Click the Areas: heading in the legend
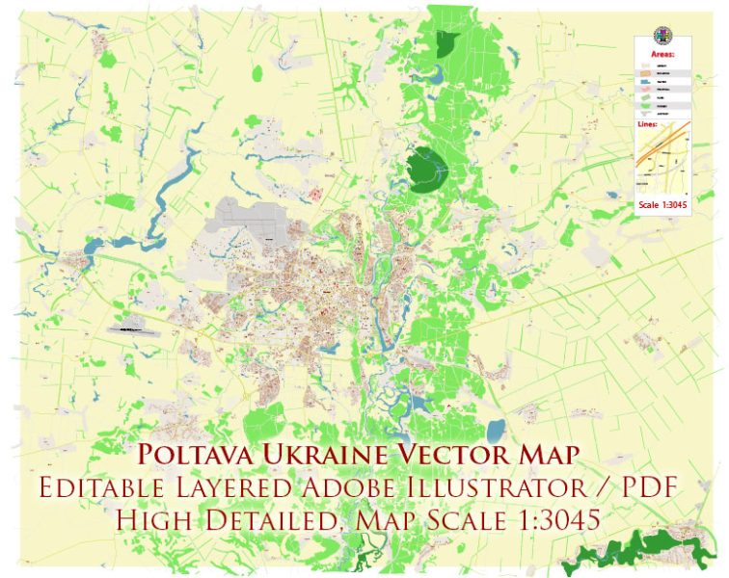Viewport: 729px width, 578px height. (662, 55)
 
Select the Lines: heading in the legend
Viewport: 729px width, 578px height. (650, 124)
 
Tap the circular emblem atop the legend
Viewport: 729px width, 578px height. (661, 38)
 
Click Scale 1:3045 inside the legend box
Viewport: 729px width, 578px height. (661, 203)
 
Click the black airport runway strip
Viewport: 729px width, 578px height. (134, 328)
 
